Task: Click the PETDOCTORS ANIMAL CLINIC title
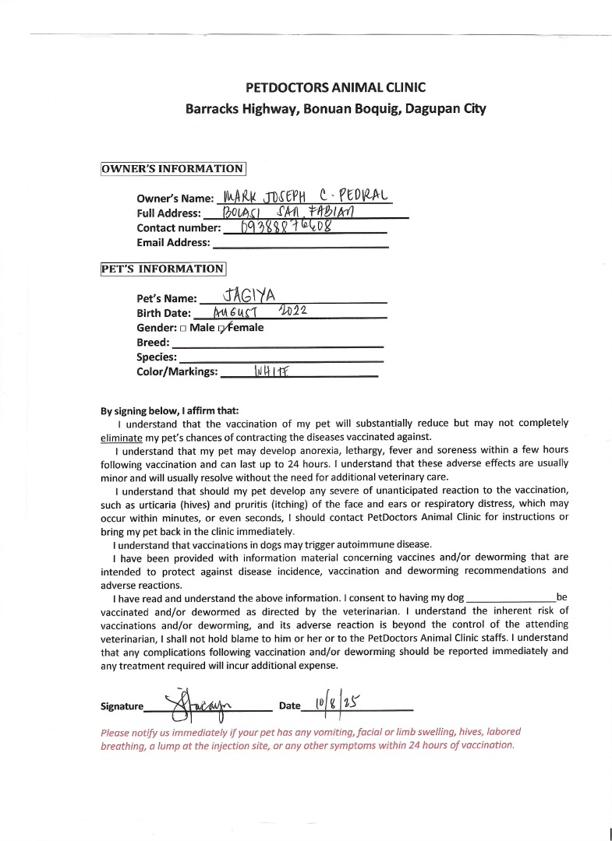(x=335, y=88)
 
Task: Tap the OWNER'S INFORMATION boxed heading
(x=174, y=168)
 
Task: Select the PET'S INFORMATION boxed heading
(x=163, y=269)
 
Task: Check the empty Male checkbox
(x=183, y=329)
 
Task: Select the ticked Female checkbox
(x=223, y=329)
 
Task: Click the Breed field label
(x=153, y=343)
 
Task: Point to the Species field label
(x=157, y=357)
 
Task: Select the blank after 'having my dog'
(x=510, y=598)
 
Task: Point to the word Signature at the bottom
(x=122, y=706)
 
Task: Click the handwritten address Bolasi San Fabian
(x=287, y=211)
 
